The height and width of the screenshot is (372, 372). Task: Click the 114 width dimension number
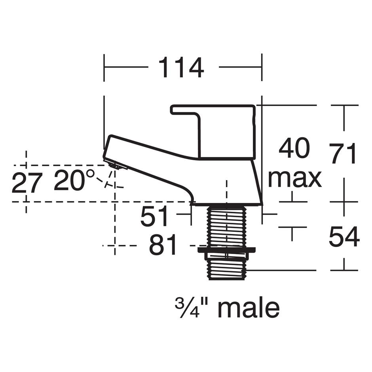(181, 68)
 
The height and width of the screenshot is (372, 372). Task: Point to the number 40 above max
(294, 149)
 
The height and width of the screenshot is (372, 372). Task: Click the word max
(294, 178)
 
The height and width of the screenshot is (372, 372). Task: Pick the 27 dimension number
(27, 183)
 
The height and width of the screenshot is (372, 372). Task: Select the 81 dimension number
(163, 246)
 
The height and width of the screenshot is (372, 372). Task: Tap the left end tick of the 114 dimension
(104, 68)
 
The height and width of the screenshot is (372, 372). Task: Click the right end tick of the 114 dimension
(262, 68)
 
